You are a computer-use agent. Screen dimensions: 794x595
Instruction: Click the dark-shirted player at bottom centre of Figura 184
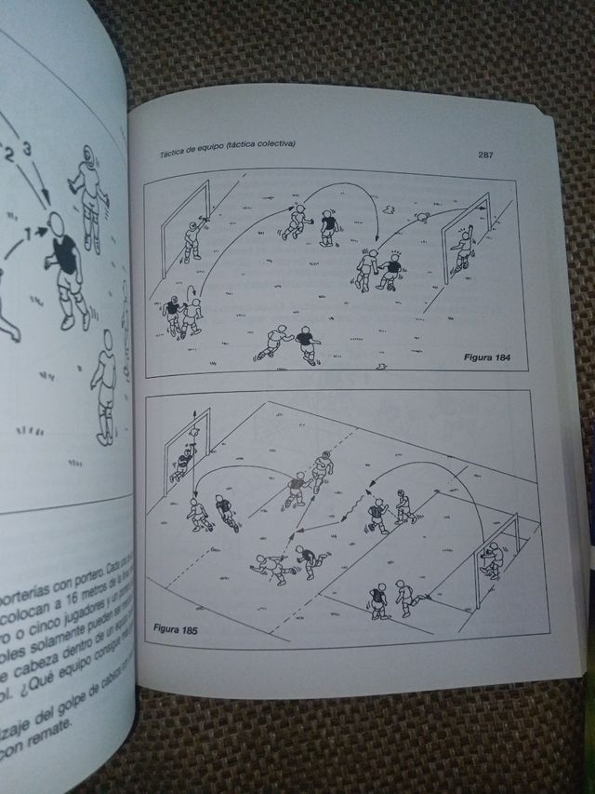[304, 344]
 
